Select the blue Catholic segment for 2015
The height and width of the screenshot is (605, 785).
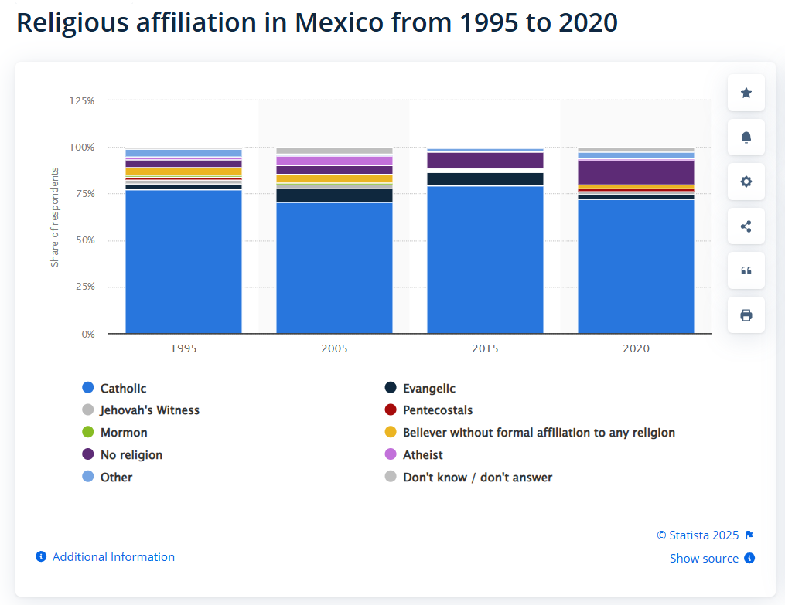485,260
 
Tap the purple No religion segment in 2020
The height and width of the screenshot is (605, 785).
636,172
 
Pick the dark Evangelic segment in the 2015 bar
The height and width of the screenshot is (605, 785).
485,179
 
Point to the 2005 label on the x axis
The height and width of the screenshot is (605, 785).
334,348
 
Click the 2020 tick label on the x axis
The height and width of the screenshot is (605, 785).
636,348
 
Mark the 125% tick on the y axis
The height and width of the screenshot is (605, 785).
82,100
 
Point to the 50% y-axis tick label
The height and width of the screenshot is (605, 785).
84,240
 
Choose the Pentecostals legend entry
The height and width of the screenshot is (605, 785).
437,410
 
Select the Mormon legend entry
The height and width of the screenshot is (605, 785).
123,433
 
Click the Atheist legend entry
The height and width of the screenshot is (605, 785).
422,455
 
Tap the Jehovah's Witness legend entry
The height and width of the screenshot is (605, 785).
149,410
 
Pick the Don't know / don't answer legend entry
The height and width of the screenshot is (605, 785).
477,478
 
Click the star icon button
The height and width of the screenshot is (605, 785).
746,93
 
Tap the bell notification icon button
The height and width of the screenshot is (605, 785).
746,138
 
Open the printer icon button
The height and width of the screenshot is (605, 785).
746,315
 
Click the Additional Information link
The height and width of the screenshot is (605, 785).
113,557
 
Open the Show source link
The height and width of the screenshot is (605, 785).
704,559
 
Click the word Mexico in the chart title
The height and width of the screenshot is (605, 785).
339,22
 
